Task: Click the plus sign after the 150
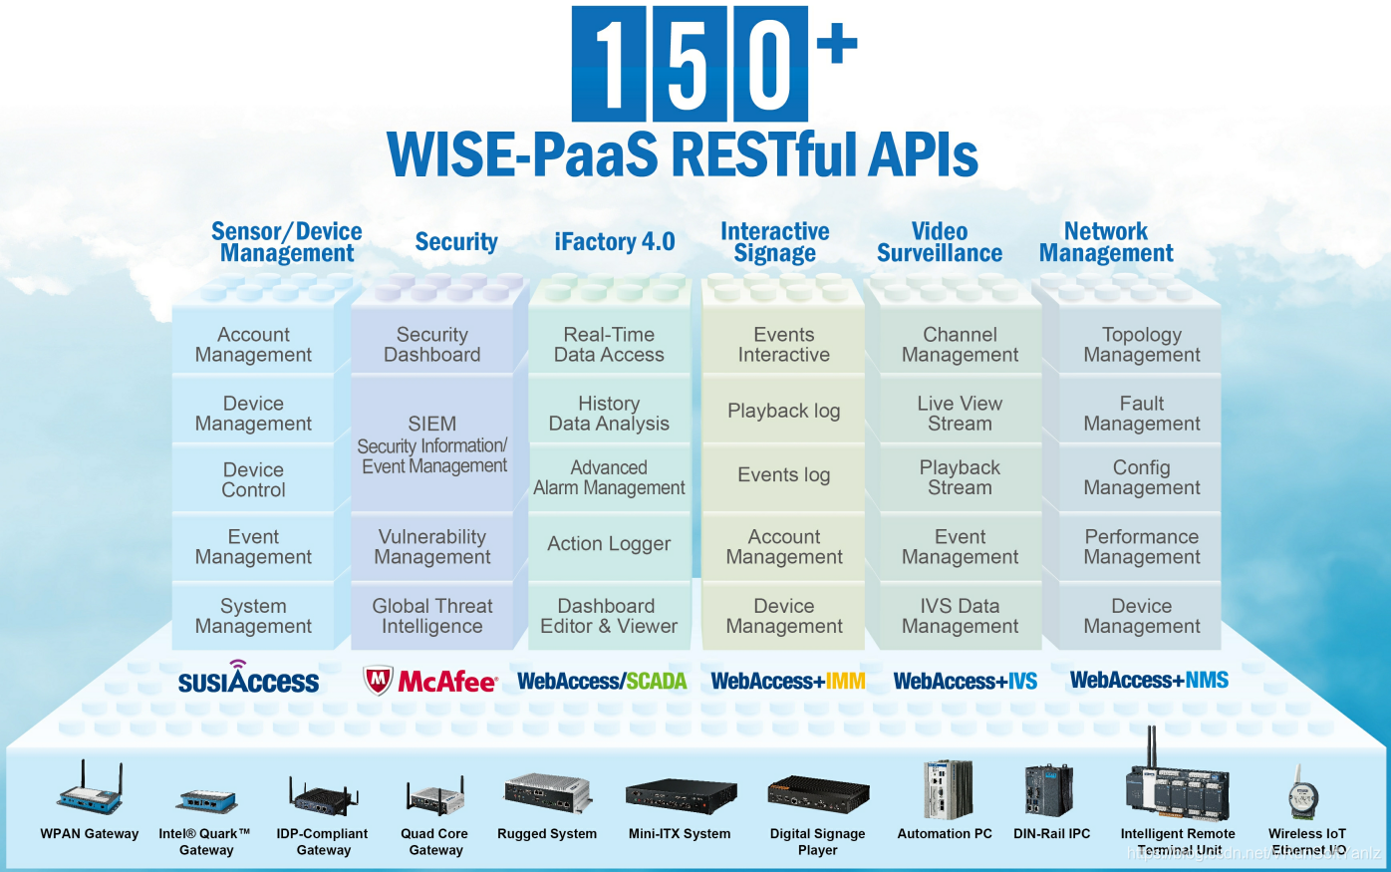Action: tap(837, 44)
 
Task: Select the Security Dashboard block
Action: tap(432, 345)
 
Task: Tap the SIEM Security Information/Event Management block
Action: tap(432, 444)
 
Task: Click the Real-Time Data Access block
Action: tap(609, 345)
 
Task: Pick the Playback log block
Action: tap(784, 411)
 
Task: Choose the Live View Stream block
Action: tap(960, 413)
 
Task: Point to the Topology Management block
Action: tap(1142, 345)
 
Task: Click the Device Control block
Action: tap(253, 479)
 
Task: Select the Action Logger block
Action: tap(609, 544)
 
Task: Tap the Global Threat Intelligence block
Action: tap(432, 616)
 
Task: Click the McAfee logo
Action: tap(429, 681)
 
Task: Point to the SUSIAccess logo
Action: tap(248, 679)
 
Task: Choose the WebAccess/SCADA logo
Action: tap(602, 682)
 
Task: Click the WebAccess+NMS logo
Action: tap(1149, 681)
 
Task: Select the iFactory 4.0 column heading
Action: tap(615, 242)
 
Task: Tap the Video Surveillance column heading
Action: tap(940, 242)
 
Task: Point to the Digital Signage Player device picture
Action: tap(817, 795)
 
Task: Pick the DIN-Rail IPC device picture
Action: tap(1050, 790)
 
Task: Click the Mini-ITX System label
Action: tap(680, 834)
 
